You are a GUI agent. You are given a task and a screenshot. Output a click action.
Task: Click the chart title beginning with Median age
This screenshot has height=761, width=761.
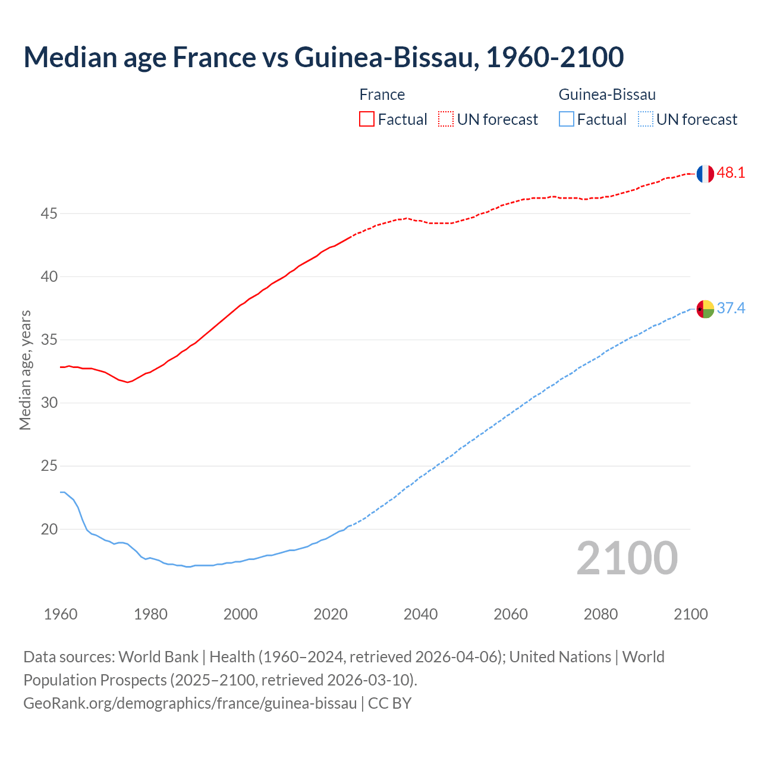coord(323,57)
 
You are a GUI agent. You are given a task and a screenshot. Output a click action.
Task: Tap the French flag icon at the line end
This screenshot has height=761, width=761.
coord(705,174)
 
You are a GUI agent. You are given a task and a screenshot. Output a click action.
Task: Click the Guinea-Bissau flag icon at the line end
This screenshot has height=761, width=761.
coord(705,309)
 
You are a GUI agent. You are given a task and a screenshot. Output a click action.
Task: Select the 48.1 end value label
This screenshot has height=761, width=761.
coord(731,173)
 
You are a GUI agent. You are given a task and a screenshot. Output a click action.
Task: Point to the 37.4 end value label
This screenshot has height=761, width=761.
coord(731,308)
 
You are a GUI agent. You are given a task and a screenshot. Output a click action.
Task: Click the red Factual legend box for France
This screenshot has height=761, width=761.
coord(367,119)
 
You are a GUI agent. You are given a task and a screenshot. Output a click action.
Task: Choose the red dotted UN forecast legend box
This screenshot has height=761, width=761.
coord(446,119)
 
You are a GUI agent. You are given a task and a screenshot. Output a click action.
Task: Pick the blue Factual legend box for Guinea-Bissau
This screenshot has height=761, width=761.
coord(567,119)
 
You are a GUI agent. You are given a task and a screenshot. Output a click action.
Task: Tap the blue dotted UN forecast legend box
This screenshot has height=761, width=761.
coord(645,119)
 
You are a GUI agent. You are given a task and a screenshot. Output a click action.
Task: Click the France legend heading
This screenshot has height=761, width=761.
coord(382,95)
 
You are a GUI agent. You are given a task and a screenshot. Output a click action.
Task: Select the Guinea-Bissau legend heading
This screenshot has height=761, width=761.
coord(607,95)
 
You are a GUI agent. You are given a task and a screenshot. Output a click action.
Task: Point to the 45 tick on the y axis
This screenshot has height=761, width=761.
coord(49,213)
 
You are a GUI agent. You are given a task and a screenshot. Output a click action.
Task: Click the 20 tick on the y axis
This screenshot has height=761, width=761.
coord(49,529)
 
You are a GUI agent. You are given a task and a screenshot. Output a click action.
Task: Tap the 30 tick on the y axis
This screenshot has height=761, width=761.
coord(49,403)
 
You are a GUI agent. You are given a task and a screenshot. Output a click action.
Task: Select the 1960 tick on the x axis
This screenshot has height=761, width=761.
coord(61,614)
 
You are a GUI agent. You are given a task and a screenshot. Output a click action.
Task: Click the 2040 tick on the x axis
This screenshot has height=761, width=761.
coord(420,614)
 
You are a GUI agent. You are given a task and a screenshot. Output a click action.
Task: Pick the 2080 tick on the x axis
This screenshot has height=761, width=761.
coord(600,614)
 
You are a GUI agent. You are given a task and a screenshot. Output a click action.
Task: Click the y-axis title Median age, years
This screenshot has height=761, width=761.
coord(25,370)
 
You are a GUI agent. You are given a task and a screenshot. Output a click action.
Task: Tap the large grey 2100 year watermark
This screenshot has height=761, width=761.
coord(627,558)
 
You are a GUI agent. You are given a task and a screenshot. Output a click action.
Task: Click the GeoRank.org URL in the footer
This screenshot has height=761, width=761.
coord(190,703)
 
